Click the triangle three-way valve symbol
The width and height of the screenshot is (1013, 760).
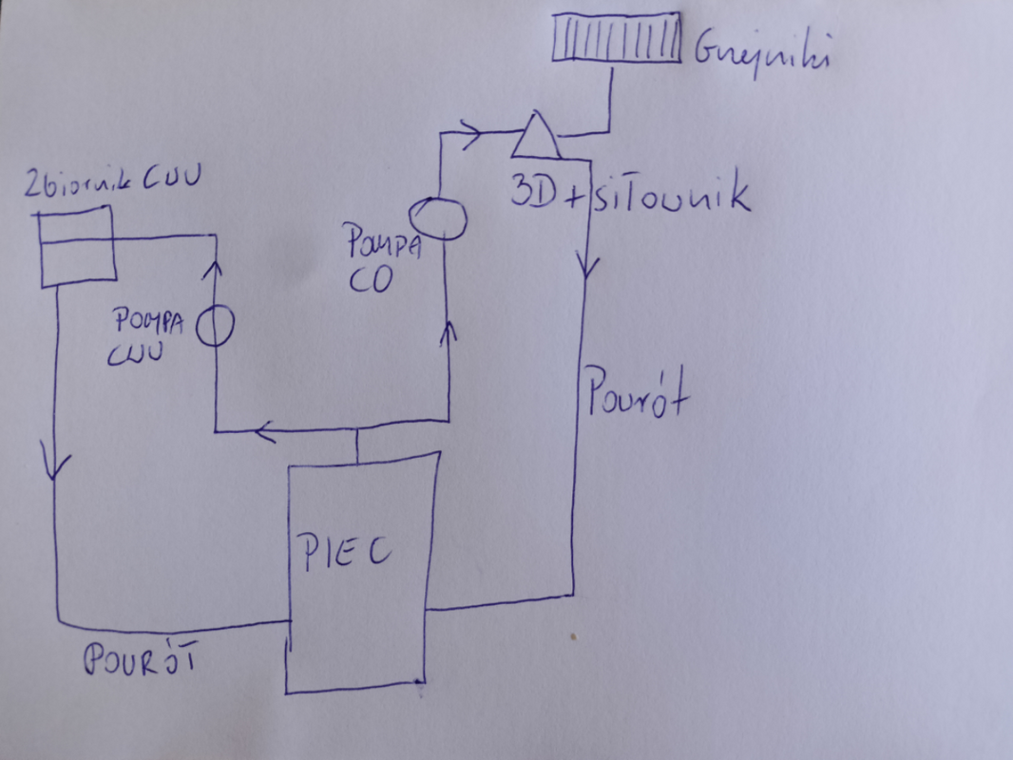(x=534, y=136)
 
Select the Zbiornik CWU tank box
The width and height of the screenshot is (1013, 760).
(x=75, y=244)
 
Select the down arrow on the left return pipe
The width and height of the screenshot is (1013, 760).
(x=56, y=465)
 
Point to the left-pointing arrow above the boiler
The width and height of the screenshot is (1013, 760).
(x=266, y=433)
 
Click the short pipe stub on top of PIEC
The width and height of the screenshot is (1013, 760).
(x=357, y=447)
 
